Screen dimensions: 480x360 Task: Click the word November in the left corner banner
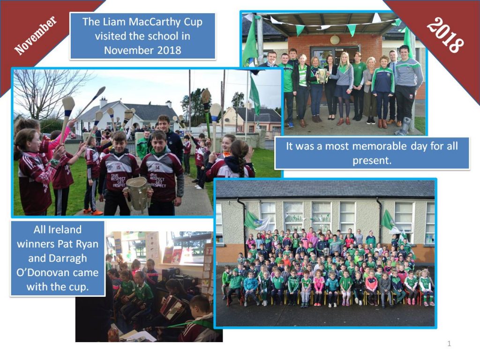tap(36, 35)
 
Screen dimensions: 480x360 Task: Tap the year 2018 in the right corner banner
tap(445, 35)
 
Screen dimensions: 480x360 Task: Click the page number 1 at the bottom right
tap(449, 344)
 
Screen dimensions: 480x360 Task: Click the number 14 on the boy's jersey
tap(157, 167)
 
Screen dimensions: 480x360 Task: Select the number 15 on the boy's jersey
tap(119, 167)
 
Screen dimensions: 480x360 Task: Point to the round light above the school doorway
tap(335, 39)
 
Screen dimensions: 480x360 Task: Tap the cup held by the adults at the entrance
tap(322, 75)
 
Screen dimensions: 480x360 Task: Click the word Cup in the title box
tap(193, 22)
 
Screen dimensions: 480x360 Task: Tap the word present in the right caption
tap(372, 160)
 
